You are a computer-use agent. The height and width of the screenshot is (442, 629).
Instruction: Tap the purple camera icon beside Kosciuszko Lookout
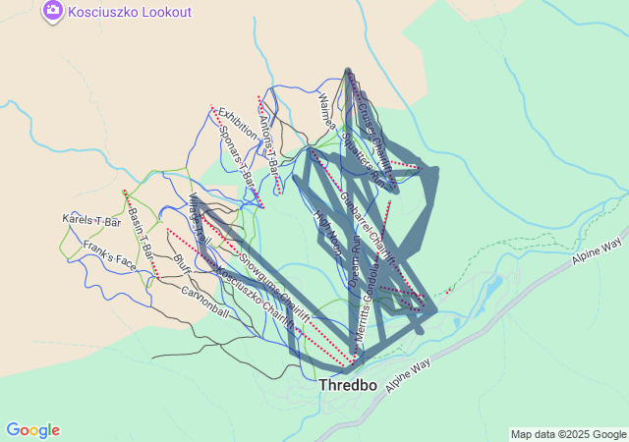(x=54, y=12)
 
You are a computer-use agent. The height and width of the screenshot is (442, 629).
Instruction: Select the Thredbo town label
(x=348, y=386)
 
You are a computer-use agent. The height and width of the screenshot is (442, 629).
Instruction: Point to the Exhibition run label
(x=238, y=124)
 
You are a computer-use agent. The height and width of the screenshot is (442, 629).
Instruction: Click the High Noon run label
(x=326, y=228)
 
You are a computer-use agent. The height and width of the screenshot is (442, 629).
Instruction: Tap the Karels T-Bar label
(x=90, y=221)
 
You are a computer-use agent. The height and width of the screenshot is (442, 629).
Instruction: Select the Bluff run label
(x=182, y=265)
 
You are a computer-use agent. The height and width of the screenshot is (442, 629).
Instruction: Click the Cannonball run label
(x=204, y=303)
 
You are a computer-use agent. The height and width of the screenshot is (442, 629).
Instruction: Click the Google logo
(x=32, y=430)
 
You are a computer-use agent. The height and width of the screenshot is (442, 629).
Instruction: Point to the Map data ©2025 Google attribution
(x=567, y=434)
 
